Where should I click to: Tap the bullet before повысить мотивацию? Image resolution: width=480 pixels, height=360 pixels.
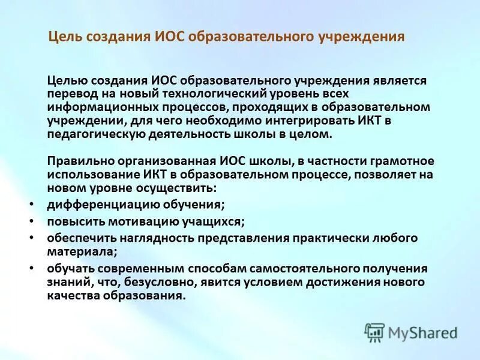tap(31, 221)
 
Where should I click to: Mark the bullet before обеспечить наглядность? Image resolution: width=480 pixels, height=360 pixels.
tap(31, 237)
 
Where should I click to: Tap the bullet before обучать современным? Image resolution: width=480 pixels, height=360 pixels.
tap(31, 268)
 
